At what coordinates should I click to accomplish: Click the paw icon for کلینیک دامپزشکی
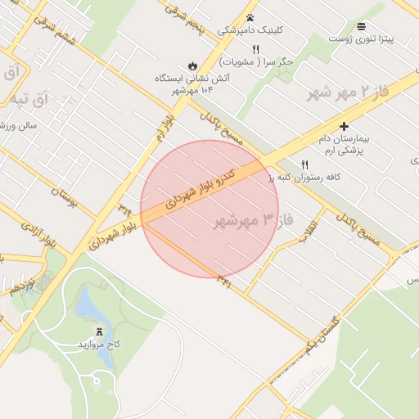point(250,17)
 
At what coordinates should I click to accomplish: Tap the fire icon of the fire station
point(191,65)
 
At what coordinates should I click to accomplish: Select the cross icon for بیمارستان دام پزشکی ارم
point(344,126)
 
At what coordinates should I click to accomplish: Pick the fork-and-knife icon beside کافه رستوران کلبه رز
point(305,164)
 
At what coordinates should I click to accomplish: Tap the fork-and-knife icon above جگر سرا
point(255,49)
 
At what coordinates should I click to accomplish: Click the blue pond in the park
point(86,304)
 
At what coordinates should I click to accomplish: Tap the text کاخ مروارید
point(100,345)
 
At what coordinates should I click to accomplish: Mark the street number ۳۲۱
point(223,280)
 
